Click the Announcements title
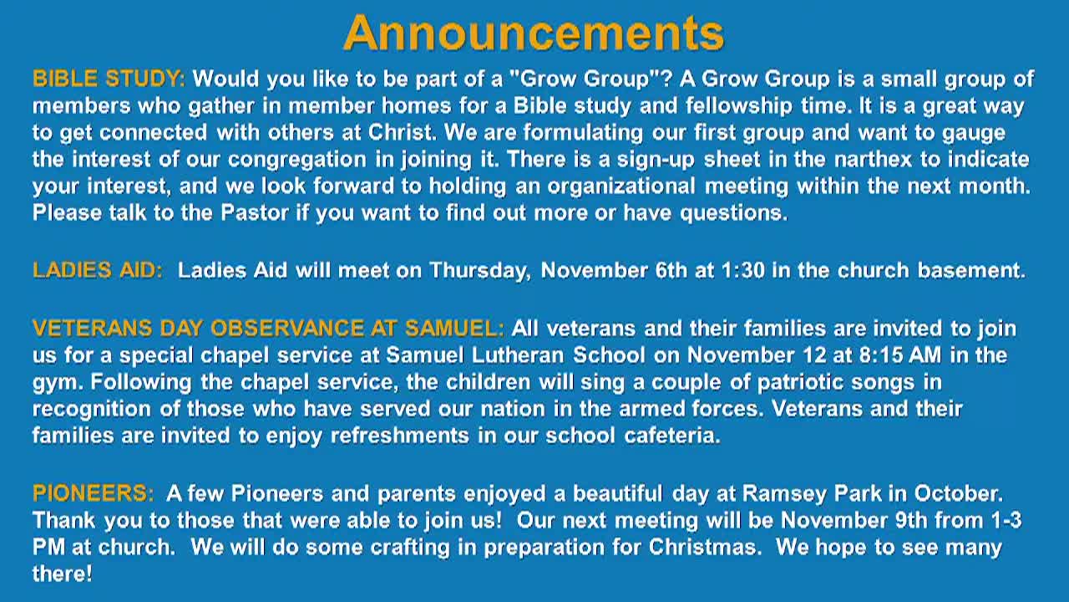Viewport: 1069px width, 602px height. coord(533,33)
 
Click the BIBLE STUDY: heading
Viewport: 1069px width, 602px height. coord(109,79)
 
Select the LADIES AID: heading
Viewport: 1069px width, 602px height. coord(98,270)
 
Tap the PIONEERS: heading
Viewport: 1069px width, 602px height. coord(93,493)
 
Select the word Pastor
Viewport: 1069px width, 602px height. coord(255,212)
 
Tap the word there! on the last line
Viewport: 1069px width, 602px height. coord(62,574)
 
